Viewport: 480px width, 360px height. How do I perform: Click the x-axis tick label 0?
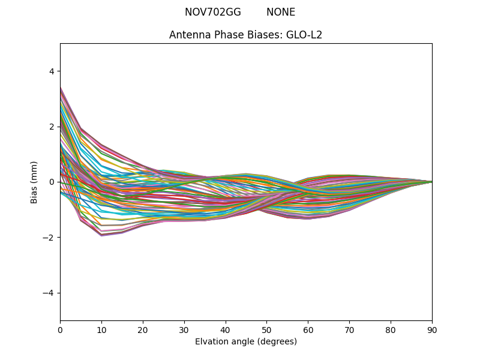60,329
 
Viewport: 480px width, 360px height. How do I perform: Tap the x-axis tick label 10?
101,329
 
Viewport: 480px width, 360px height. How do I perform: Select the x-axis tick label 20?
143,329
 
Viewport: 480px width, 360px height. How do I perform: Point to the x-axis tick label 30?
184,329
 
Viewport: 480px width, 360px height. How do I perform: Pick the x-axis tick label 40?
226,329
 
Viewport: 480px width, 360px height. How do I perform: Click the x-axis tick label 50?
266,329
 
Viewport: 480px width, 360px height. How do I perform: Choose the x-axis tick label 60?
308,329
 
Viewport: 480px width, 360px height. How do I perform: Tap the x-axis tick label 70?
349,329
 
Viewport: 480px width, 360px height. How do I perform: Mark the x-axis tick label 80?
391,329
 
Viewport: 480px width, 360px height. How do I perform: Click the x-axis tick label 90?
432,329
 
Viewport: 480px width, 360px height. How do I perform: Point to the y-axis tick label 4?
51,71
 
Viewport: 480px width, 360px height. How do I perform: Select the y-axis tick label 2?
51,127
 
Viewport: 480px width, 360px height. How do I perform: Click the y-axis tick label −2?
49,238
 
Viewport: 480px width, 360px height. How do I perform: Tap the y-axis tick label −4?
49,293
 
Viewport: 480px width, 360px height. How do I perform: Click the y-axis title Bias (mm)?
34,182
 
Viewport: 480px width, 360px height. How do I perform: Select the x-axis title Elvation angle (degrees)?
246,341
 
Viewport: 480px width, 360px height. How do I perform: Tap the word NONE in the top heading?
281,12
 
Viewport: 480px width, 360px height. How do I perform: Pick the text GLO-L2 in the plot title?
304,35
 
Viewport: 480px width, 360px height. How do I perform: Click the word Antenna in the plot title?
188,35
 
